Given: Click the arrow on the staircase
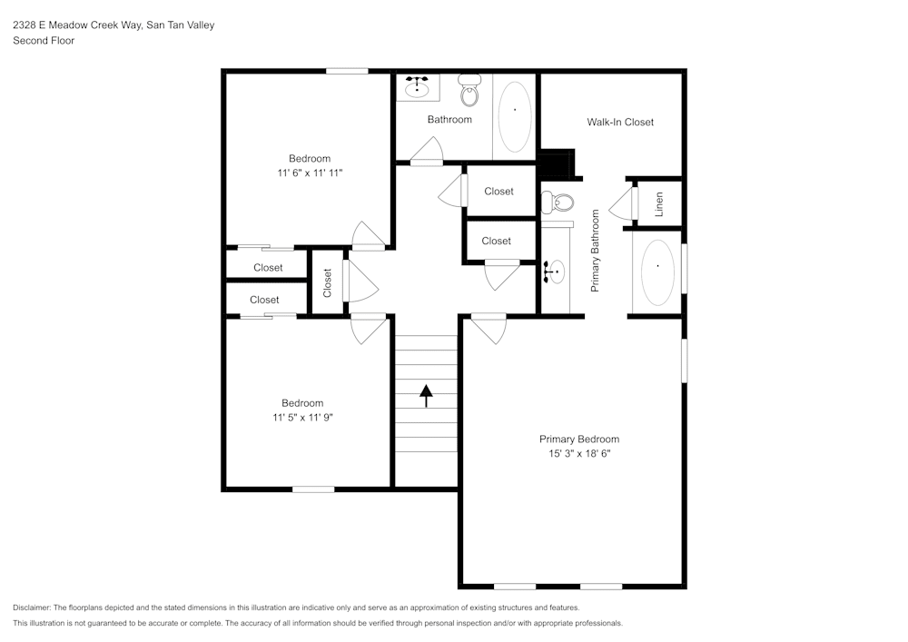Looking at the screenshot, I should [x=425, y=392].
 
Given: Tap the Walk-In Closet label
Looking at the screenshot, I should [x=620, y=122].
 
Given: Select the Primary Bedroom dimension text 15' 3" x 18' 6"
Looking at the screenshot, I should [x=578, y=453].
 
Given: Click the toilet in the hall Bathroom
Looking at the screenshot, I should [x=469, y=91].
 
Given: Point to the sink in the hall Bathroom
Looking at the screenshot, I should [x=418, y=88].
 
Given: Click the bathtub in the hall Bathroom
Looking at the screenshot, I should [x=515, y=116].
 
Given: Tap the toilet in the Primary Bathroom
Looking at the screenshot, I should [x=557, y=202].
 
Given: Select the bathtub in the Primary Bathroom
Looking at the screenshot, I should [x=657, y=272].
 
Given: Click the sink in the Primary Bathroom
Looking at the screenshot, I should [x=554, y=271].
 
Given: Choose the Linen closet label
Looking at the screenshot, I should [x=659, y=204].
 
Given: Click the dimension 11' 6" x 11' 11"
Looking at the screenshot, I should [x=310, y=173].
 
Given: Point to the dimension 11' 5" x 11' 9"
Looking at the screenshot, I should [x=301, y=418].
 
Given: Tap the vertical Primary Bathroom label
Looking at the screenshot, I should [x=596, y=251].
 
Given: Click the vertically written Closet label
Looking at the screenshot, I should [x=328, y=283].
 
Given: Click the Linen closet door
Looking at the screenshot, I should [x=623, y=204].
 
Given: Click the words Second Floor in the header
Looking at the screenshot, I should [x=44, y=41].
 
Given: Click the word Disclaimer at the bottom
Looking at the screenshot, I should [x=32, y=607].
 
